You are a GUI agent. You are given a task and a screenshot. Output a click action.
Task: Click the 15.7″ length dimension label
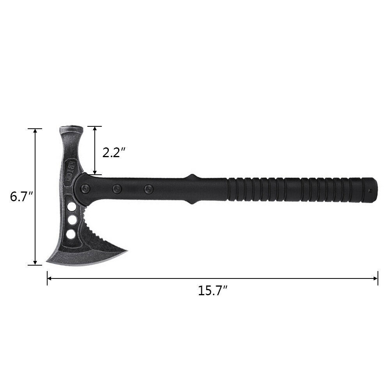point(213,291)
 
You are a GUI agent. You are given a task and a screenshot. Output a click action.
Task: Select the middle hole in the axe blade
point(72,221)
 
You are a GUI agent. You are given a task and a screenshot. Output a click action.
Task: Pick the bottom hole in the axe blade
point(71,234)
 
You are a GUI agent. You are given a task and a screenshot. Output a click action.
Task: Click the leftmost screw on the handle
point(84,189)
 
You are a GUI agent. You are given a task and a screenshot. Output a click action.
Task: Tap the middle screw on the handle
point(116,189)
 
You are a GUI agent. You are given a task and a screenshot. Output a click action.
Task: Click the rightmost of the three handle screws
point(148,190)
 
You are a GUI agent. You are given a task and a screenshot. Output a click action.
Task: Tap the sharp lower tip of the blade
point(48,260)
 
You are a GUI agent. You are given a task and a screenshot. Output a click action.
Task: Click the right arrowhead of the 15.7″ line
point(376,278)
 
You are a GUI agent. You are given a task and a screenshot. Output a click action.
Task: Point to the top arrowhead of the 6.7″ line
point(35,131)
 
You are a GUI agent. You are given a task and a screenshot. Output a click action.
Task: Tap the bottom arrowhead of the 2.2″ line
point(94,172)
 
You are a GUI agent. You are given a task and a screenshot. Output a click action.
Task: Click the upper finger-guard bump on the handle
point(191,176)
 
